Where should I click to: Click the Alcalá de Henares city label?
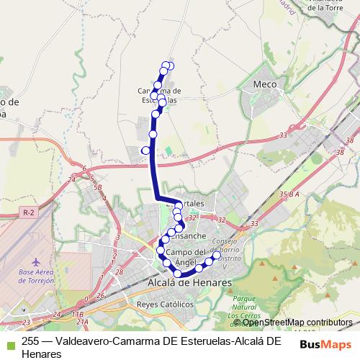189,283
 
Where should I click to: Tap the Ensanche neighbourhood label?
190,235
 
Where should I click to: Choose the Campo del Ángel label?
186,256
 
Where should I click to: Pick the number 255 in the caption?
30,342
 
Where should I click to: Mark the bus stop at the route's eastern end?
217,255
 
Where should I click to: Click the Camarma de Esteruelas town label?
159,95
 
